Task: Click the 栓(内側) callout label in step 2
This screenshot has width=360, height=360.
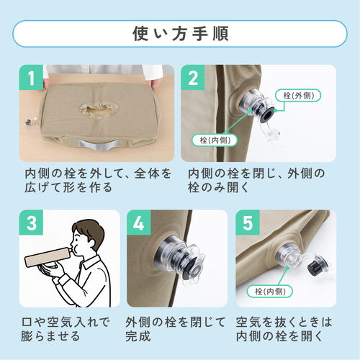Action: [214, 139]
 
